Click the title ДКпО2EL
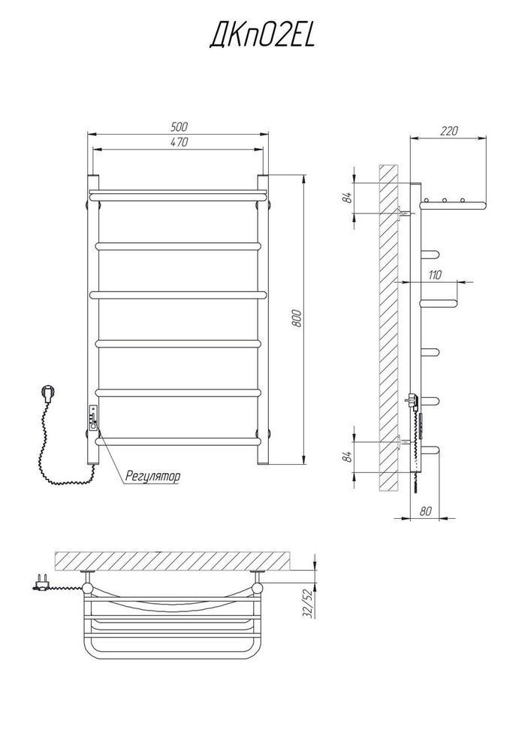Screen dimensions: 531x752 (262, 36)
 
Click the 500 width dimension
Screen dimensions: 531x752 (180, 126)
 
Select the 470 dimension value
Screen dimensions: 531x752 (179, 142)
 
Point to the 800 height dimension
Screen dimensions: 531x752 (297, 318)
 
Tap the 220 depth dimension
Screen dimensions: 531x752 (448, 130)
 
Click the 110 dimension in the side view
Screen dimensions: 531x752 (435, 274)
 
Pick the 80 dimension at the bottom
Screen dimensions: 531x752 (425, 511)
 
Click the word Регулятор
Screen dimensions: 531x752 (152, 477)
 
